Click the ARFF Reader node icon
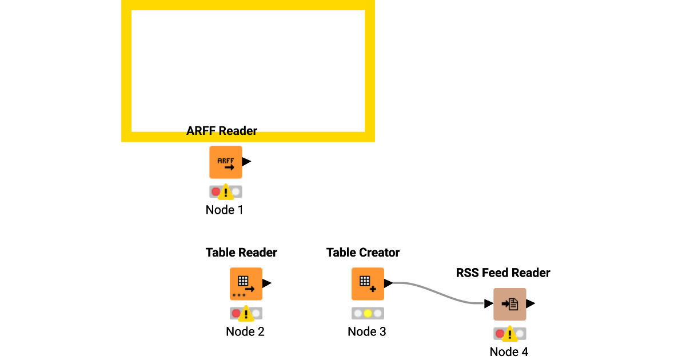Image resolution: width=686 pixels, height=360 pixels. [225, 162]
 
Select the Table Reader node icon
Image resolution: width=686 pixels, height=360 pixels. [246, 283]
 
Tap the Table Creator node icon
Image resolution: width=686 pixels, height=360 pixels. [368, 283]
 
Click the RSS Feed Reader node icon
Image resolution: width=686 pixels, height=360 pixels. [509, 304]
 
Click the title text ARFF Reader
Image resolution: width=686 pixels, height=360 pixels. [222, 131]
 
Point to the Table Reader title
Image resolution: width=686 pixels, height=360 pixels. [241, 253]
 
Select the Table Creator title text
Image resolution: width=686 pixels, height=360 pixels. [363, 253]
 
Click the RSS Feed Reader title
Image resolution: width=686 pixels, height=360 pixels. [503, 273]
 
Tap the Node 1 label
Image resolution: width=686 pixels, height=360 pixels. [225, 210]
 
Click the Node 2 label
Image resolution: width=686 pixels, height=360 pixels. [245, 331]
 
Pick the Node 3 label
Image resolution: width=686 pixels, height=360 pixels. [367, 331]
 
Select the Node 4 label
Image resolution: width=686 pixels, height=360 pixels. [509, 352]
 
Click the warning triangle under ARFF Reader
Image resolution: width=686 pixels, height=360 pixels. [226, 192]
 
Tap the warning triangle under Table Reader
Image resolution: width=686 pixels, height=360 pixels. [246, 314]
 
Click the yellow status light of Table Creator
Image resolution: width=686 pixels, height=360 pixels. [368, 313]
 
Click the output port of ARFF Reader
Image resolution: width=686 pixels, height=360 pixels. [246, 162]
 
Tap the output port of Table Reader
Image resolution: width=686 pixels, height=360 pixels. [267, 283]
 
